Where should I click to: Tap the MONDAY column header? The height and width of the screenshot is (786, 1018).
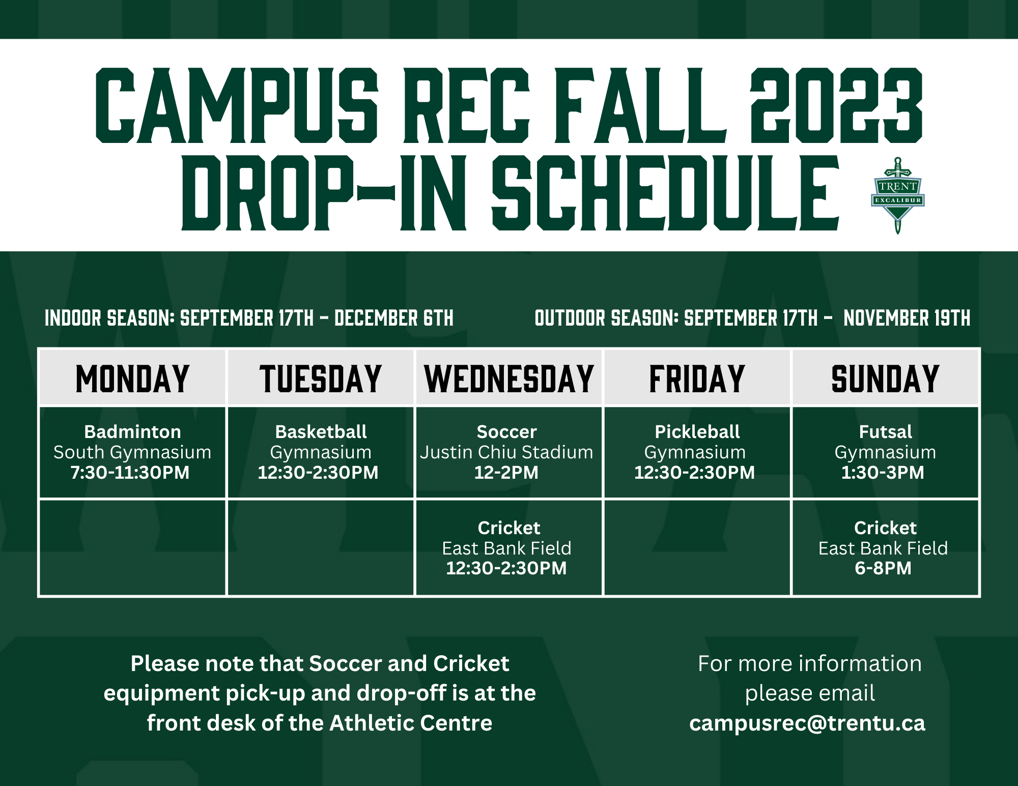pyautogui.click(x=132, y=379)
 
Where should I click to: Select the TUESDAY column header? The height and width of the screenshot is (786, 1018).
pyautogui.click(x=321, y=379)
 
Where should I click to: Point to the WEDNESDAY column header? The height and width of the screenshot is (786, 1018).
pyautogui.click(x=509, y=379)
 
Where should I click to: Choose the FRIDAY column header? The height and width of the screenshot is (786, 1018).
pyautogui.click(x=697, y=379)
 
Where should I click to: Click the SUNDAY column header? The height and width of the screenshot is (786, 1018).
pyautogui.click(x=886, y=379)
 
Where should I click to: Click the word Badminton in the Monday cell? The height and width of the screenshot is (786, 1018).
pyautogui.click(x=132, y=432)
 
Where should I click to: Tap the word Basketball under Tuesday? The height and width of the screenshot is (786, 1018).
pyautogui.click(x=321, y=432)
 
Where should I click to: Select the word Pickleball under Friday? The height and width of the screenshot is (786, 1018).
pyautogui.click(x=697, y=432)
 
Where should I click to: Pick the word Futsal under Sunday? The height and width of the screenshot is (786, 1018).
pyautogui.click(x=886, y=432)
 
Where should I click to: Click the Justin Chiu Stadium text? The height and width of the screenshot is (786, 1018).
pyautogui.click(x=506, y=452)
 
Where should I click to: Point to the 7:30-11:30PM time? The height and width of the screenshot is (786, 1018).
pyautogui.click(x=130, y=473)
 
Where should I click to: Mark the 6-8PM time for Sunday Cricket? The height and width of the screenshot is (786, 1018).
pyautogui.click(x=883, y=568)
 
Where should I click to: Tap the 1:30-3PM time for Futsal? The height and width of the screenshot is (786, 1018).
pyautogui.click(x=883, y=473)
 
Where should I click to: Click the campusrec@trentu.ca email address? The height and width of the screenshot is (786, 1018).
pyautogui.click(x=807, y=723)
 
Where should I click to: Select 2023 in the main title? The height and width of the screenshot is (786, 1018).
pyautogui.click(x=836, y=105)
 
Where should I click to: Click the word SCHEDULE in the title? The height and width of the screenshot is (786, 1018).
pyautogui.click(x=665, y=193)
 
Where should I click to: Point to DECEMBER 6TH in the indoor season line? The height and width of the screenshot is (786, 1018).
pyautogui.click(x=394, y=318)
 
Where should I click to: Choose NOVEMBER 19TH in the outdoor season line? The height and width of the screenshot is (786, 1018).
pyautogui.click(x=907, y=318)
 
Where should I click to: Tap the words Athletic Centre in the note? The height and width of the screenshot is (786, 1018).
pyautogui.click(x=411, y=723)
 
